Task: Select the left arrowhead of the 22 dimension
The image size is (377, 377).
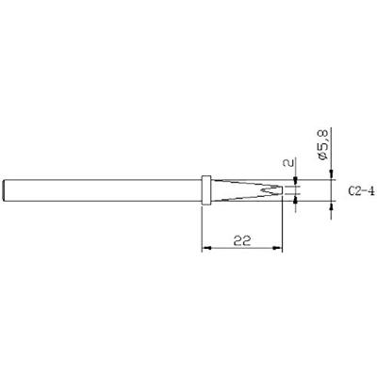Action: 206,249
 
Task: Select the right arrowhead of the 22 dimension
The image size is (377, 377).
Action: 280,249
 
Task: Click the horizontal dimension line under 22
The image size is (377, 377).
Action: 243,249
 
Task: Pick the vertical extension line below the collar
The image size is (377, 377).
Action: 203,226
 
